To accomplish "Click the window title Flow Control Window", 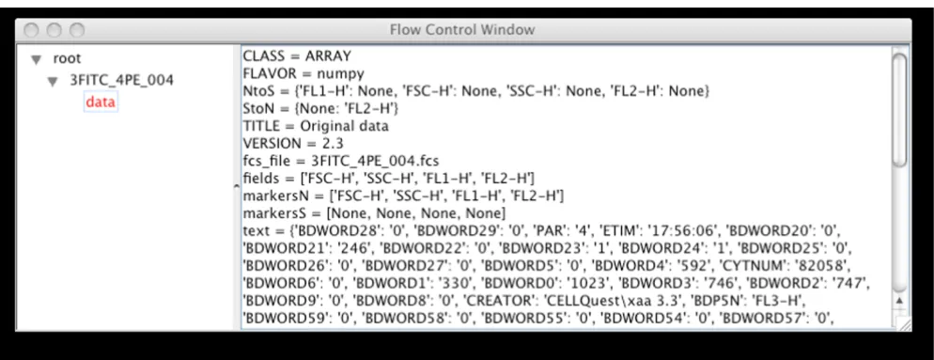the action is (x=461, y=29).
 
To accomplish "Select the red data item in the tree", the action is (x=101, y=102).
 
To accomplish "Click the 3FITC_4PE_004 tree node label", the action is (x=121, y=80).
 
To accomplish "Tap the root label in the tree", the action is (x=67, y=58).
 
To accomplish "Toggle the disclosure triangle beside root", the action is (x=37, y=59).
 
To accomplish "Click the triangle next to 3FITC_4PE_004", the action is (x=54, y=81).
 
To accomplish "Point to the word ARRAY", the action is (x=328, y=56).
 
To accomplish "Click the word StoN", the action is (x=256, y=109).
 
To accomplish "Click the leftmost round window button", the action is (x=32, y=30).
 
